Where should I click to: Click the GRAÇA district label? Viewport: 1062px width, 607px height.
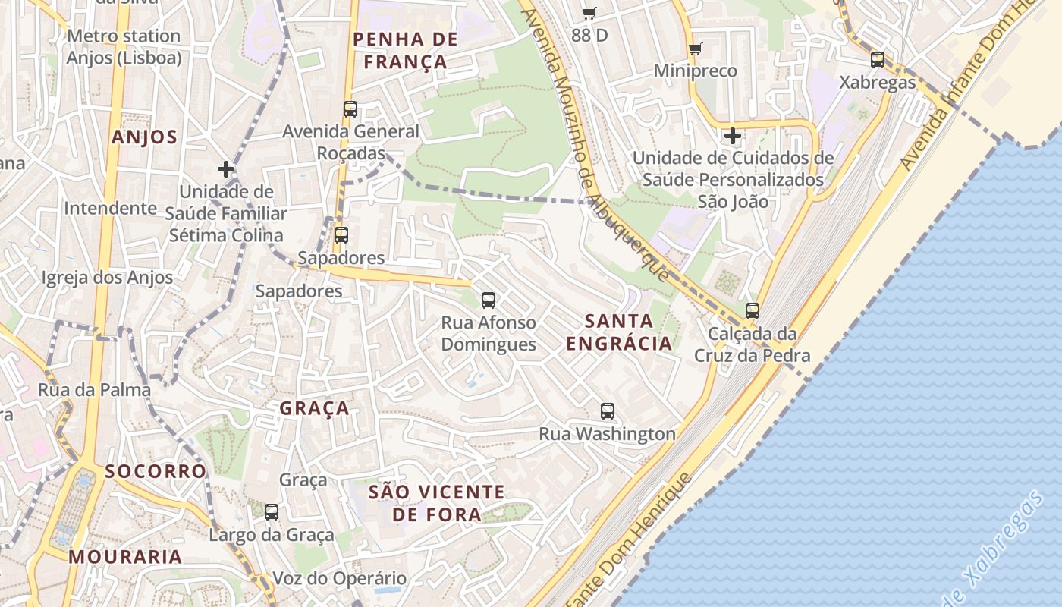tap(315, 408)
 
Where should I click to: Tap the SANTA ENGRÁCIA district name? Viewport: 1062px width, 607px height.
tap(619, 332)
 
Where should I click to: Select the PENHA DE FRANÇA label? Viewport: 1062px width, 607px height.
tap(406, 50)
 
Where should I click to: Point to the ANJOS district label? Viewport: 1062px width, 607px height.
tap(144, 137)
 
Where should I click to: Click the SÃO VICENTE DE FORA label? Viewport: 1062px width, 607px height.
tap(436, 503)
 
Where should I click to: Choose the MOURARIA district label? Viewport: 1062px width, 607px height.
tap(125, 556)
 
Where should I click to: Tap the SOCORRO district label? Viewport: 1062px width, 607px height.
tap(156, 471)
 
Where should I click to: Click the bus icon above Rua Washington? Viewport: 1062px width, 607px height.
tap(607, 411)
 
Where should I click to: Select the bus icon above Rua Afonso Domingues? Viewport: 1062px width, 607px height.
tap(489, 300)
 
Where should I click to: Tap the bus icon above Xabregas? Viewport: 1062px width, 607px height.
tap(878, 60)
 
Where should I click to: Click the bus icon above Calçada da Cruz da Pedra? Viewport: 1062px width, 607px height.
tap(752, 310)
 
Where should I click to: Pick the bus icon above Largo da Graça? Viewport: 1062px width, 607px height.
tap(272, 512)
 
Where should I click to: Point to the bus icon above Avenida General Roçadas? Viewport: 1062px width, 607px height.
tap(350, 109)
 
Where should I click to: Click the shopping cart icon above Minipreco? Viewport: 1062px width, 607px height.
tap(695, 49)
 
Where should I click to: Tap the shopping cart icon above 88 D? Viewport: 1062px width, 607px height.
tap(589, 13)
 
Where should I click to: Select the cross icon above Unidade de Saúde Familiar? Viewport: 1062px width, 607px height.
tap(225, 168)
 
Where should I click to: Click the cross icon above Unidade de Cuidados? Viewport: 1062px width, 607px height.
tap(732, 137)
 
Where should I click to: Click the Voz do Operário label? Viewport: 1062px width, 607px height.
tap(339, 578)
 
